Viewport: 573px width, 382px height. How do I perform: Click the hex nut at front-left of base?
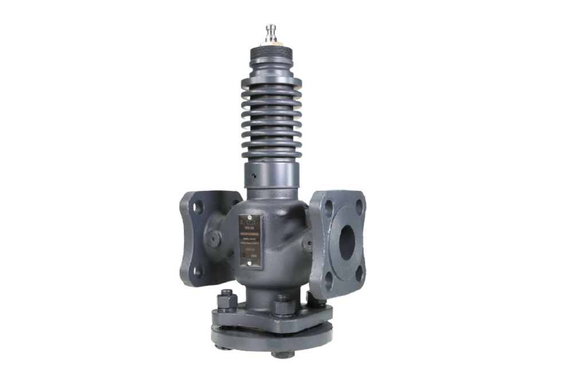click(225, 299)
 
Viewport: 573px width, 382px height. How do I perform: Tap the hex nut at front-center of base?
click(281, 305)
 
